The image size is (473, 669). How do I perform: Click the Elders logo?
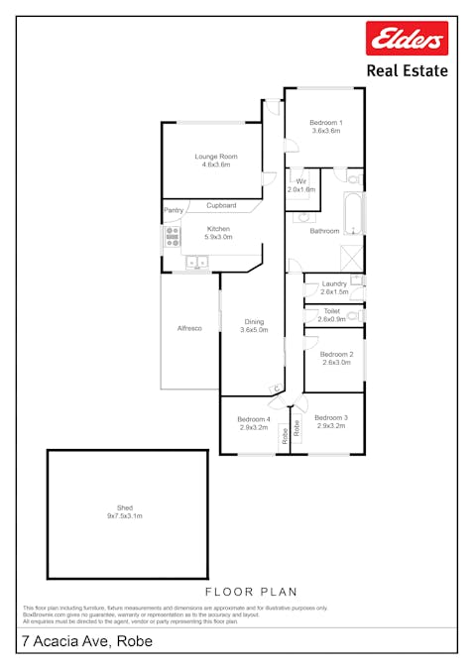pos(408,39)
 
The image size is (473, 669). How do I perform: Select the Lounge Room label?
pos(214,157)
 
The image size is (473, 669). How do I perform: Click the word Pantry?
pos(174,210)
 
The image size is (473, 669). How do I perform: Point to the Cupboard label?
pos(221,205)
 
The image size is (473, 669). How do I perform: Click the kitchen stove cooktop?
pos(172,236)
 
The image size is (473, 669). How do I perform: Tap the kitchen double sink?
pos(196,263)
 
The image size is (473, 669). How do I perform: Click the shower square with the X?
pos(351,257)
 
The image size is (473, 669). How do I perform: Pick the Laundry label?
pos(334,284)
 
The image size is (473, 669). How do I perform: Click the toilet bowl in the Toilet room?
pos(354,316)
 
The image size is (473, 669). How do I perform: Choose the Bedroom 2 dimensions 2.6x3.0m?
pos(335,362)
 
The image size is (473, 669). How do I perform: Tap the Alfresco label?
pos(189,328)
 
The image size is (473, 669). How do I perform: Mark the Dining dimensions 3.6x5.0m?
pos(254,330)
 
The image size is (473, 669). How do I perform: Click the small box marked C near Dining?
pos(276,388)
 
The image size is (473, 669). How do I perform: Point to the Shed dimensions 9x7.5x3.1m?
pos(125,516)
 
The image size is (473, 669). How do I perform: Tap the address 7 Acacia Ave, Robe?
pos(84,641)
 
